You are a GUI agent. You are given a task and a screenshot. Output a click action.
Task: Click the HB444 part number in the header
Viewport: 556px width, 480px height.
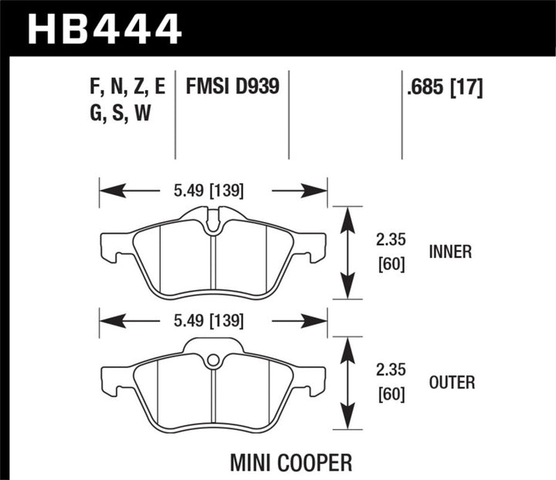tap(105, 28)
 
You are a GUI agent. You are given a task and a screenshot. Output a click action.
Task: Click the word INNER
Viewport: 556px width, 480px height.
tap(450, 252)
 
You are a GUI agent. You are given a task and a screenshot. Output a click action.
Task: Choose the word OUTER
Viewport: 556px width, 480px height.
tap(452, 382)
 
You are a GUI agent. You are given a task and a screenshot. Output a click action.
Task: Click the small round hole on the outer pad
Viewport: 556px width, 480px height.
tap(212, 359)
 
